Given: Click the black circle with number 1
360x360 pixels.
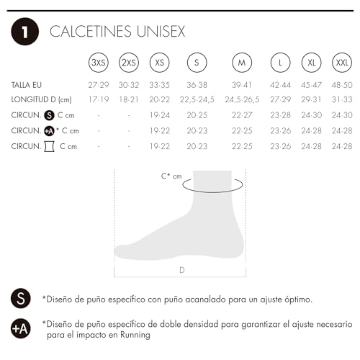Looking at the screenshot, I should tap(24, 32).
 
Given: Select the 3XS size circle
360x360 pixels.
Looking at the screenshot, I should tap(98, 63).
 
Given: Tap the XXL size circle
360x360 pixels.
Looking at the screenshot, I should tap(342, 63).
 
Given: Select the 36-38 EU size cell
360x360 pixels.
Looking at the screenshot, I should tap(197, 85).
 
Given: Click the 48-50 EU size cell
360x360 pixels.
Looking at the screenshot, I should tap(342, 85).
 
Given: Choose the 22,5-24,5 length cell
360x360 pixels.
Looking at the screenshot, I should tap(197, 99).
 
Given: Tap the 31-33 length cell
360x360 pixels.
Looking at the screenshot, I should tap(342, 99).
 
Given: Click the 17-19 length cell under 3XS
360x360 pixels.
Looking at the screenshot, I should tap(98, 99).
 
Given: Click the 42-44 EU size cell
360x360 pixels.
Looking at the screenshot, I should tap(280, 85).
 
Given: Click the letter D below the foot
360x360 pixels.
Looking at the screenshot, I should tap(181, 271).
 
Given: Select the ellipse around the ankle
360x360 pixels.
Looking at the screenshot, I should tap(212, 186).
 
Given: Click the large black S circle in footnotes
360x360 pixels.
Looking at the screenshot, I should tap(21, 298).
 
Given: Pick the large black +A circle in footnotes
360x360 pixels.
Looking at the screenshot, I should tap(21, 328).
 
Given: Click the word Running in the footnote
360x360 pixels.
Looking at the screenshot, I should tap(137, 335).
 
